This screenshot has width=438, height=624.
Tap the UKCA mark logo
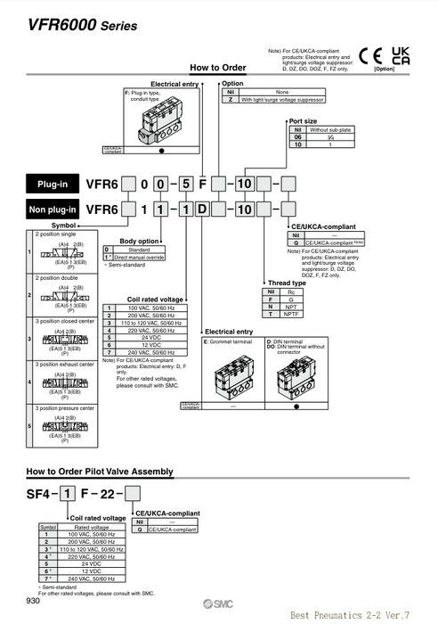(x=401, y=55)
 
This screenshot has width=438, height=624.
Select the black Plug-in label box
(x=52, y=185)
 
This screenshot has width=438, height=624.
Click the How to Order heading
(x=217, y=68)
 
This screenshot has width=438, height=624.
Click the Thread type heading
(x=287, y=283)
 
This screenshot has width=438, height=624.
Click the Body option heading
(x=139, y=242)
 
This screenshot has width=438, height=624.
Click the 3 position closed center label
(x=64, y=320)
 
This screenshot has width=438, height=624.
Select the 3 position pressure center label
(x=66, y=407)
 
